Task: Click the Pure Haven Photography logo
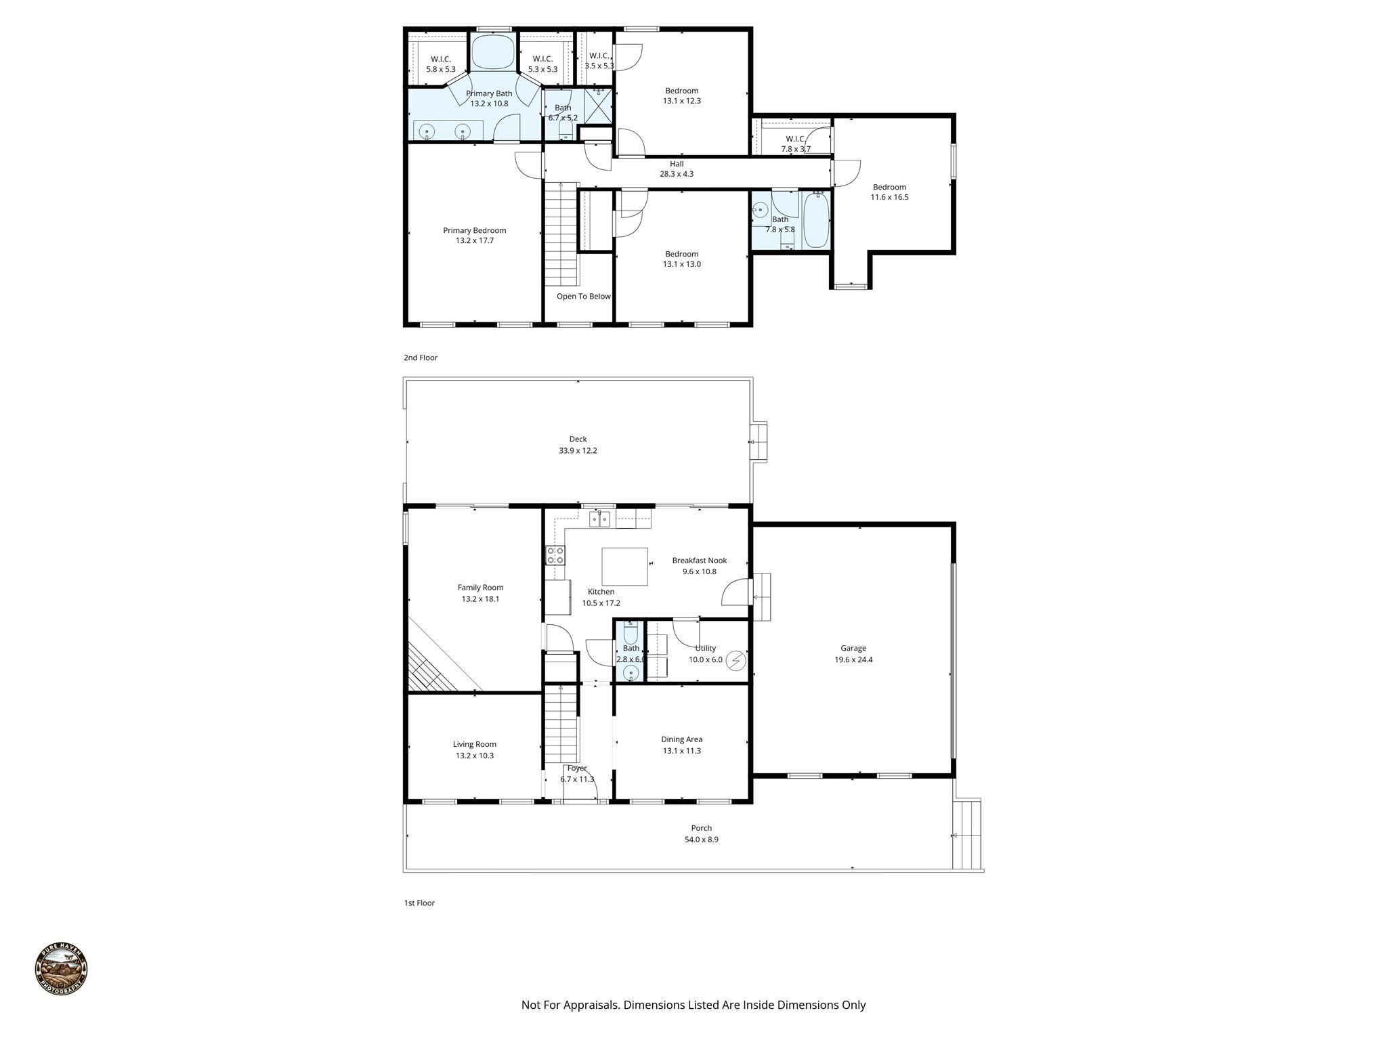click(61, 969)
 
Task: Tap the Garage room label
click(853, 648)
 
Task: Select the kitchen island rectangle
click(624, 567)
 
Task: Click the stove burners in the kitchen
click(555, 556)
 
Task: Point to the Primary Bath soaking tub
click(492, 52)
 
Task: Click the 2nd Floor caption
click(421, 357)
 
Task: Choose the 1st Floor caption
click(419, 903)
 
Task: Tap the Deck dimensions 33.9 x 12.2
click(578, 451)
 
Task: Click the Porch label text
click(701, 828)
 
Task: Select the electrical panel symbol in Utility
click(735, 660)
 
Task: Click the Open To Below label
click(583, 297)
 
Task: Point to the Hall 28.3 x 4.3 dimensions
click(677, 174)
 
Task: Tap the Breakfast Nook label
click(699, 561)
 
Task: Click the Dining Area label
click(681, 739)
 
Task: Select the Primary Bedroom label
click(474, 230)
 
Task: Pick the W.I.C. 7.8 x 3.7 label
click(795, 139)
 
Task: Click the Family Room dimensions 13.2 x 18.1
click(480, 599)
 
